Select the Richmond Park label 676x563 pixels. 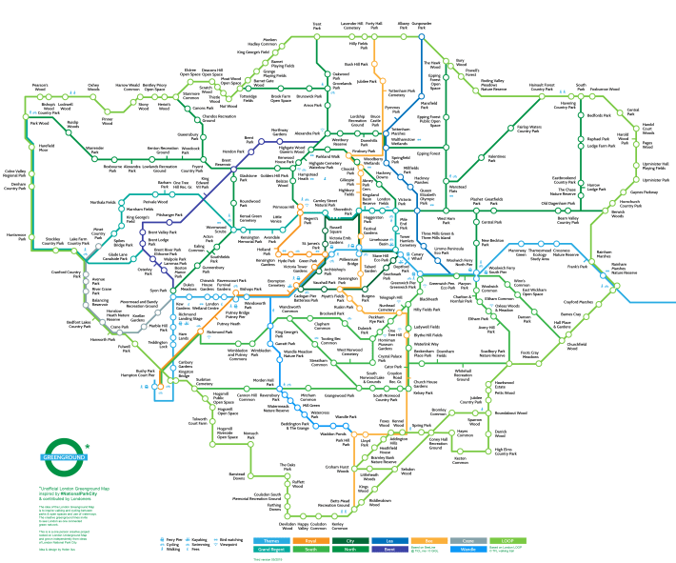[221, 332]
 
